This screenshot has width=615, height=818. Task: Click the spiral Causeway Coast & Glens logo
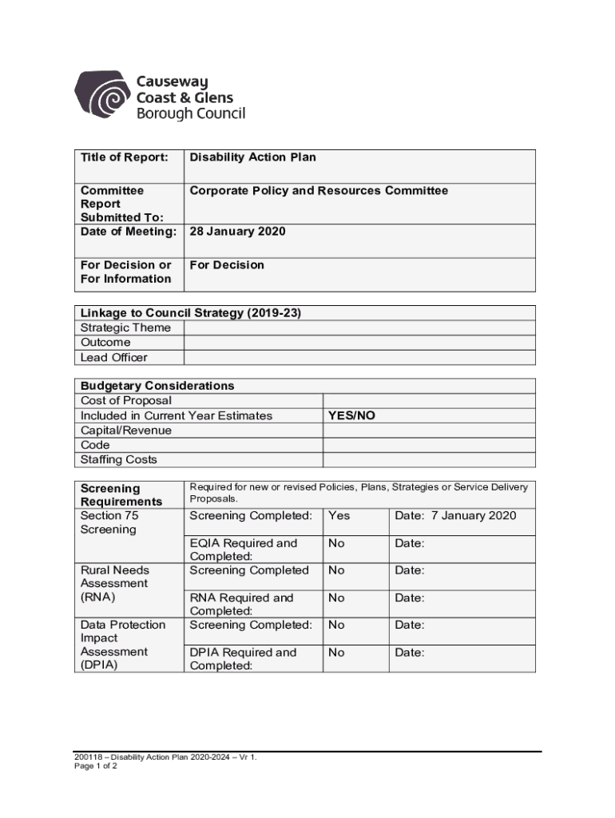tap(103, 97)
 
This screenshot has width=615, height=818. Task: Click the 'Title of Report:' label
tap(124, 157)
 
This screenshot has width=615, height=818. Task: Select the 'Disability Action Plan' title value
tap(252, 157)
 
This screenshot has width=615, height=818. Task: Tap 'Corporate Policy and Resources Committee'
tap(319, 191)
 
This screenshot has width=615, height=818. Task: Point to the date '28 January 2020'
tap(237, 232)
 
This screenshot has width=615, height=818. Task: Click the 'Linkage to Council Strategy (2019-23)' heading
tap(191, 313)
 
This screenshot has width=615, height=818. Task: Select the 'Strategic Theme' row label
tap(125, 328)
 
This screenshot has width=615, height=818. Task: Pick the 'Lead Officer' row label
tap(114, 357)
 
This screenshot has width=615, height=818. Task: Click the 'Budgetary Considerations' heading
tap(157, 386)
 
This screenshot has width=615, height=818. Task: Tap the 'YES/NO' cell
tap(351, 415)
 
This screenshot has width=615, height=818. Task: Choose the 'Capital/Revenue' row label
tap(126, 430)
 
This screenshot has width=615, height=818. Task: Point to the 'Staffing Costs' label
tap(119, 459)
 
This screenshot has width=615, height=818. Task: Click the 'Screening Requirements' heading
tap(121, 494)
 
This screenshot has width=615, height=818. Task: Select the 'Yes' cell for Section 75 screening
tap(339, 516)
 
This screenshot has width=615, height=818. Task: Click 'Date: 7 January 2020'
tap(455, 516)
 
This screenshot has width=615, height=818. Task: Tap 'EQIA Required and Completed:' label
tap(244, 550)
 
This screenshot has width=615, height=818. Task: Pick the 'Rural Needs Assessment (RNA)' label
tap(114, 583)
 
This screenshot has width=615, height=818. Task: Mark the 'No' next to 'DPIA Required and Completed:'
tap(336, 653)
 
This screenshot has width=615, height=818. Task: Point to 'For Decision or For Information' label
tap(126, 272)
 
